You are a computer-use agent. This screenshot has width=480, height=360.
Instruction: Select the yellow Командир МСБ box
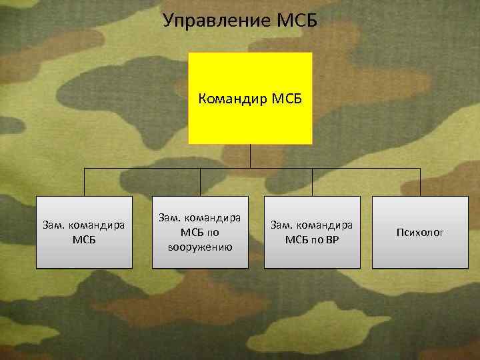(x=250, y=120)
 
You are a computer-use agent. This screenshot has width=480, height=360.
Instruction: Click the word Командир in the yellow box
(x=233, y=99)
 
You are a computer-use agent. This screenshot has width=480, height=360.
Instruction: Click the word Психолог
(x=419, y=233)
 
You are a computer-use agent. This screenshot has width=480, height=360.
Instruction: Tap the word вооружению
(x=201, y=247)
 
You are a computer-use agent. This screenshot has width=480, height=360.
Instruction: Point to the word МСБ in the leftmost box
(x=84, y=239)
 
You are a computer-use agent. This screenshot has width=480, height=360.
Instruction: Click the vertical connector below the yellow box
(x=250, y=156)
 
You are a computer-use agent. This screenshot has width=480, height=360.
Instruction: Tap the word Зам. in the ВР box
(x=280, y=226)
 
